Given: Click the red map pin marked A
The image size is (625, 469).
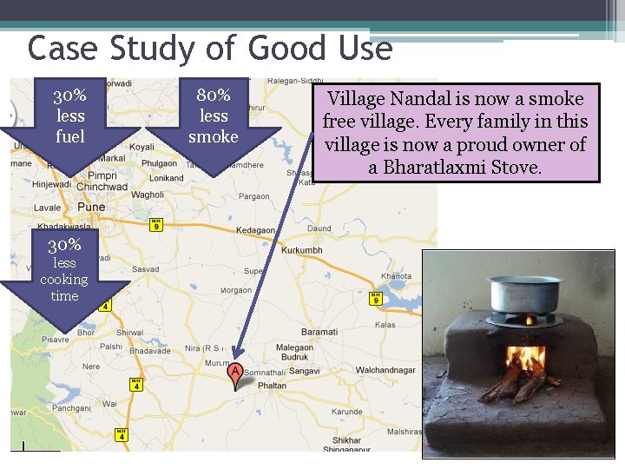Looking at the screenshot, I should click(x=234, y=373).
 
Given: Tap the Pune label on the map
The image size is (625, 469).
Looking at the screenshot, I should click(x=90, y=208).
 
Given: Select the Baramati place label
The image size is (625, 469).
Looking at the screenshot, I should click(x=319, y=332).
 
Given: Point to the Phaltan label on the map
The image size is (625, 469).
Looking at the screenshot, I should click(x=271, y=386).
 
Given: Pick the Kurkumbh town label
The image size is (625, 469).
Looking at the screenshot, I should click(x=301, y=250).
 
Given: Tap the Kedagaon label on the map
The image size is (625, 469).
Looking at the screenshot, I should click(x=260, y=230).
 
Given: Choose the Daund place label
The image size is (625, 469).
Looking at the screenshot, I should click(x=319, y=228).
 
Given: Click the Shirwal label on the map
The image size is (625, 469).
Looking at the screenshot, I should click(x=129, y=333).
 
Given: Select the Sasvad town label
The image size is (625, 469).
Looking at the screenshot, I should click(x=144, y=270).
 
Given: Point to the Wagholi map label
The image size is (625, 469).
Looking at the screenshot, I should click(x=148, y=195).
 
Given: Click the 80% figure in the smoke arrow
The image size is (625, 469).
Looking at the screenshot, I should click(x=213, y=95).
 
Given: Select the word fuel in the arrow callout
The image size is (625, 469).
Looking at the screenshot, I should click(x=69, y=136).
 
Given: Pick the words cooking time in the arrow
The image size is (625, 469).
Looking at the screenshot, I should click(x=64, y=287).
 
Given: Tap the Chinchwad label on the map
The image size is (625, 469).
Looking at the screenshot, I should click(x=102, y=187).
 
